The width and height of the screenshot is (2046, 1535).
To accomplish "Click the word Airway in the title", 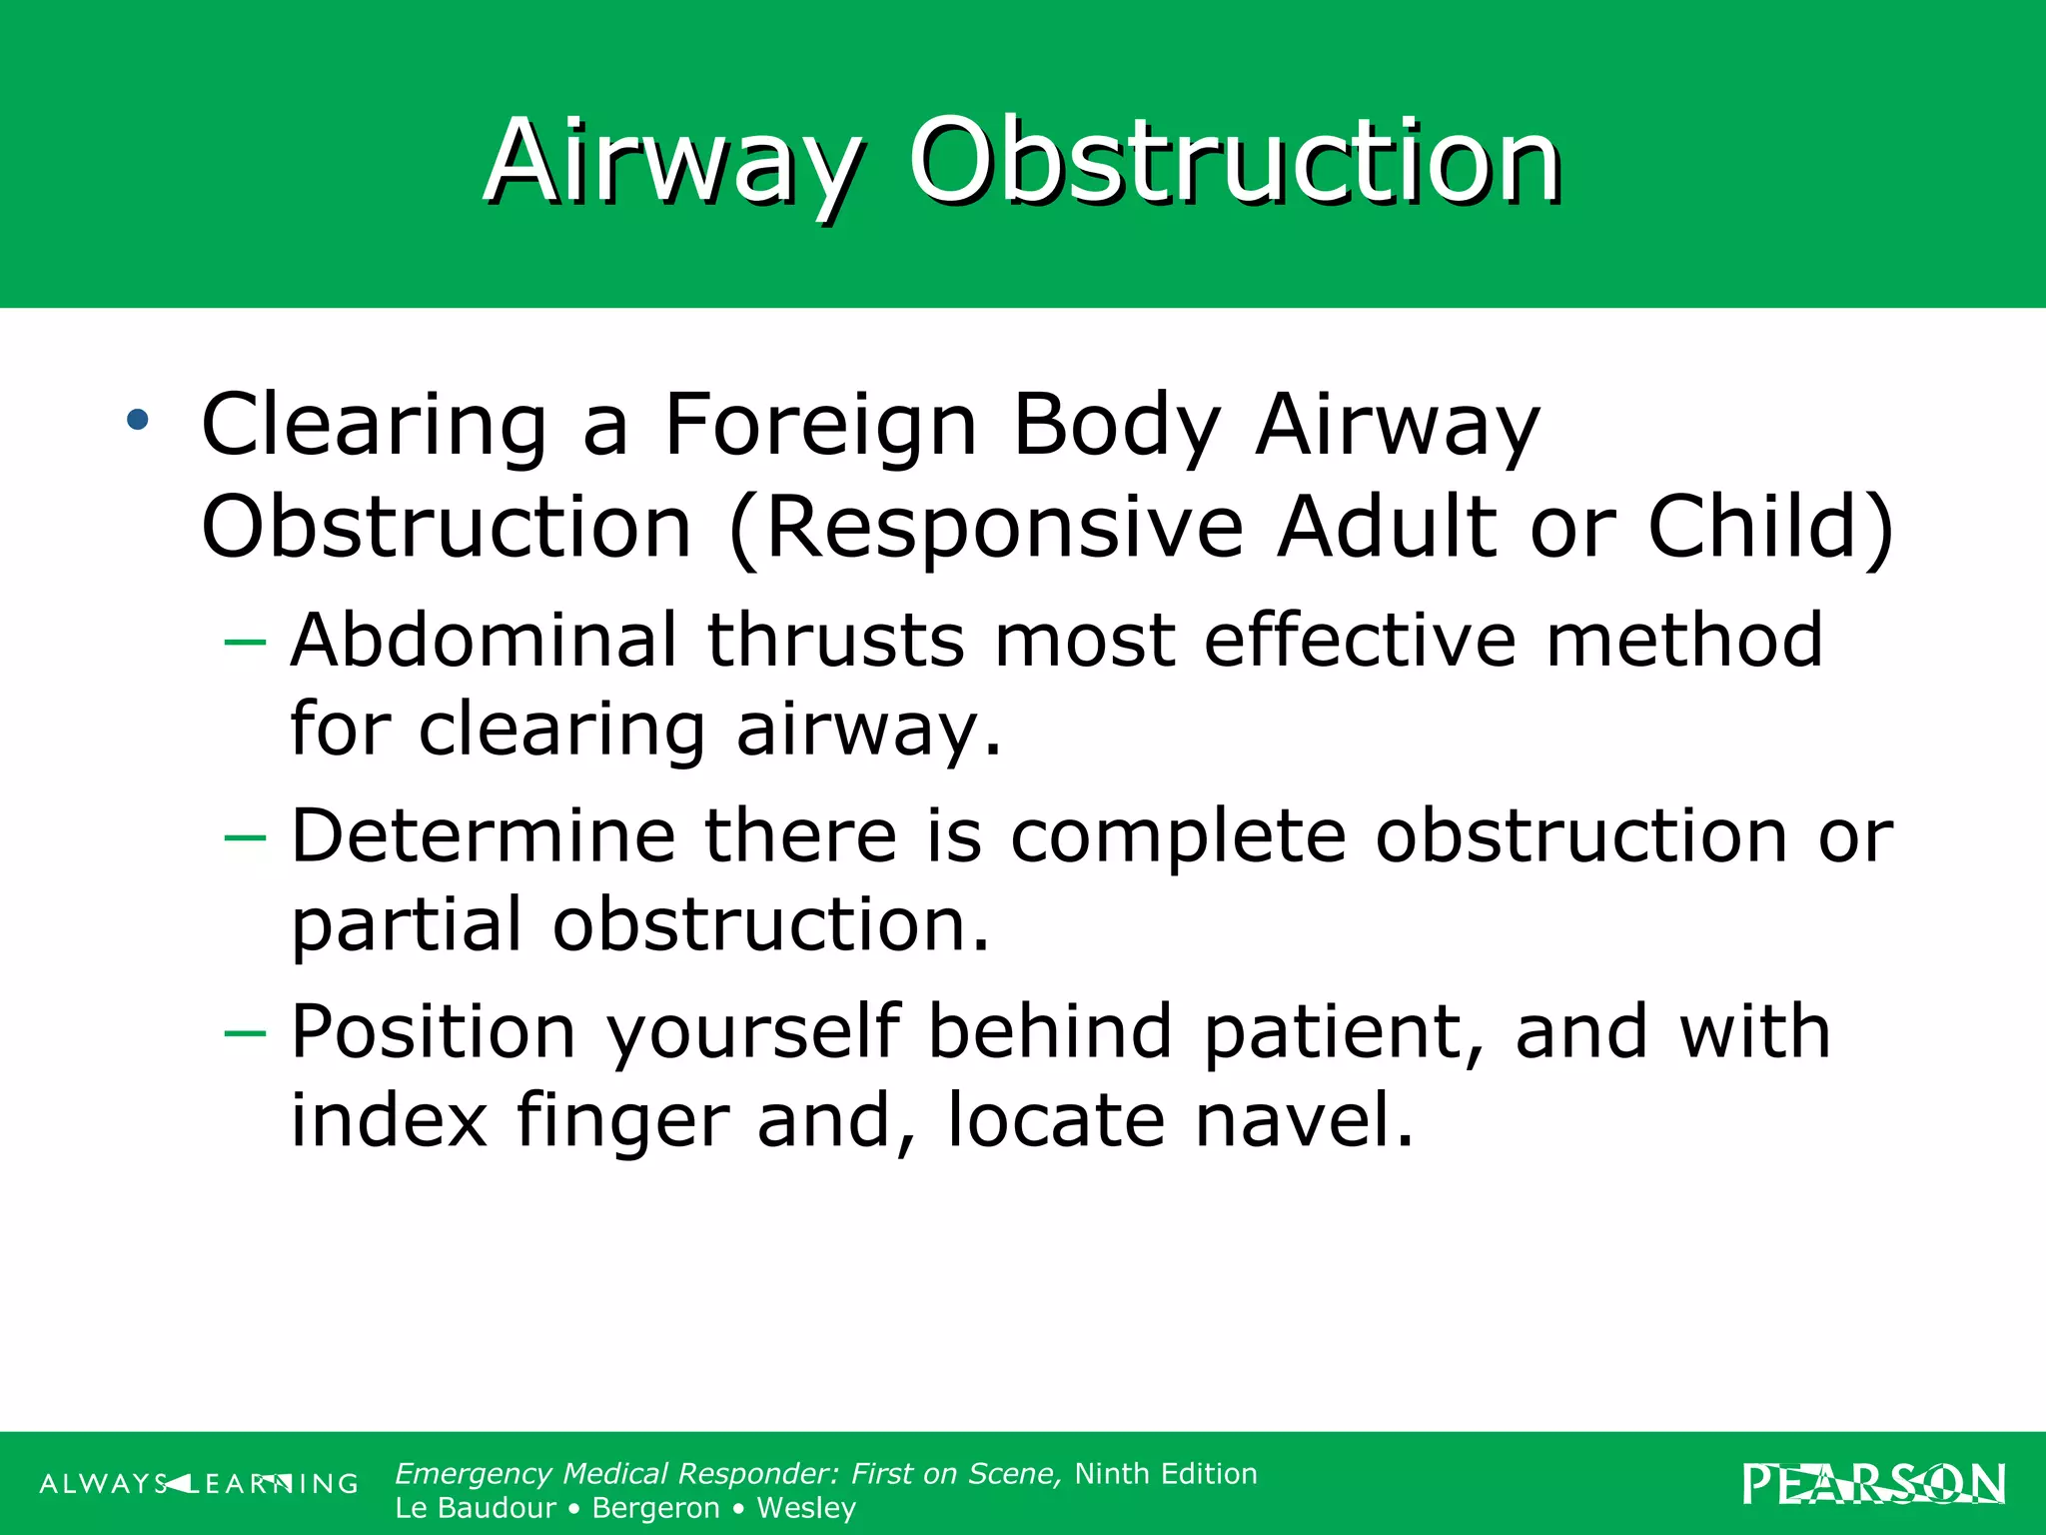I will tap(672, 163).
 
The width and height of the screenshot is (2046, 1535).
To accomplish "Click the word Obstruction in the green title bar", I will tap(1234, 163).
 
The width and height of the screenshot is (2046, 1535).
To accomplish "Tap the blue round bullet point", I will tap(138, 420).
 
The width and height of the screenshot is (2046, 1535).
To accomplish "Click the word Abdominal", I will tap(484, 641).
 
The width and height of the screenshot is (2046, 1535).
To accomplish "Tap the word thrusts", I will tap(835, 641).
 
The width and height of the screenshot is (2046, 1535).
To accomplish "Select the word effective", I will tap(1360, 641).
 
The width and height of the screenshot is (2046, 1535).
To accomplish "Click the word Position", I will tap(433, 1032).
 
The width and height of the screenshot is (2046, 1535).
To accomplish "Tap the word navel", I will tap(1304, 1120).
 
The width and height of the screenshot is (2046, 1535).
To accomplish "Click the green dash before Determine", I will tap(245, 837).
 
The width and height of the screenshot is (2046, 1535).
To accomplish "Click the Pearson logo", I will tap(1873, 1484).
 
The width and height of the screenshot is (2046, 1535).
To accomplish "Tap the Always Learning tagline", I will tap(199, 1484).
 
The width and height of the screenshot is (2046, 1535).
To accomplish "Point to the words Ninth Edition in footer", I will tap(1165, 1474).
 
